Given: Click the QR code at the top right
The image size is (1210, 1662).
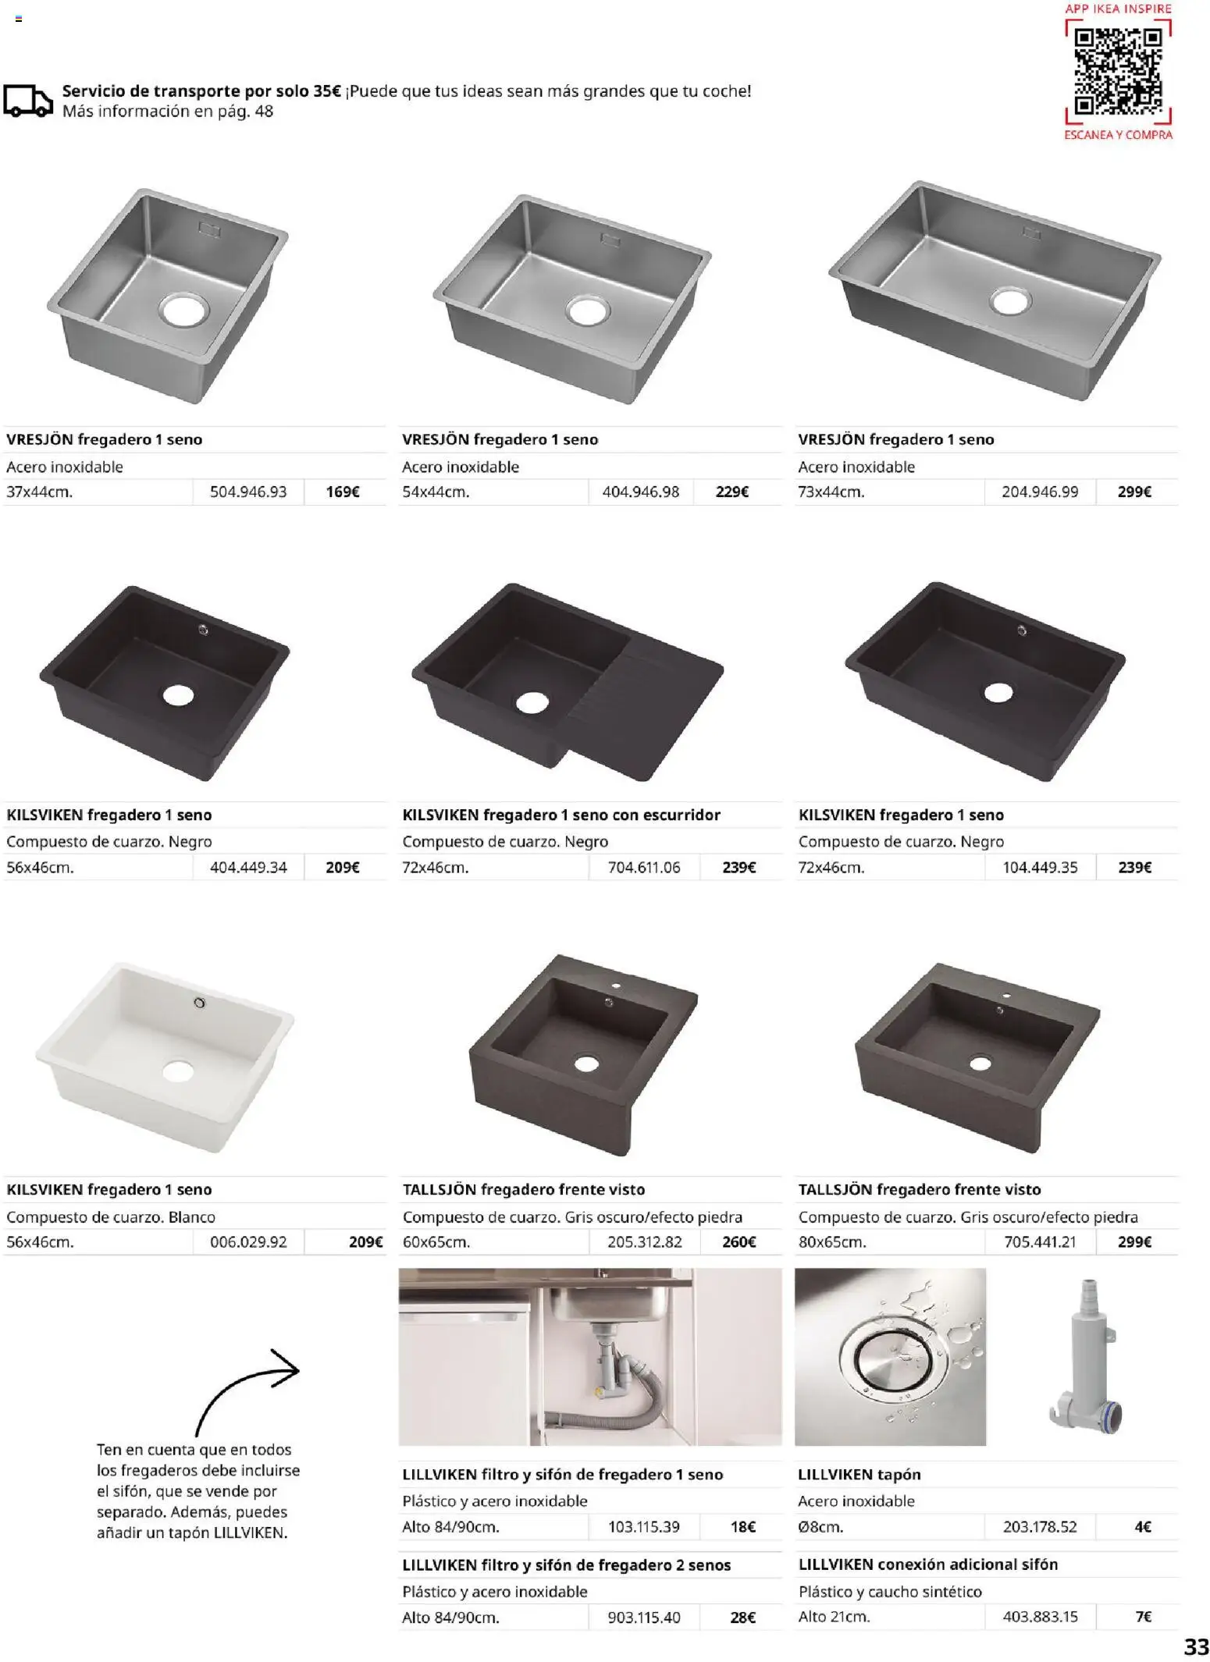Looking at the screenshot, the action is click(1118, 71).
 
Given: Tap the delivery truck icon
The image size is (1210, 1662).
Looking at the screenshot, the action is click(28, 101).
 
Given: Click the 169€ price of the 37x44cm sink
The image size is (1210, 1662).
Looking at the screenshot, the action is click(343, 492).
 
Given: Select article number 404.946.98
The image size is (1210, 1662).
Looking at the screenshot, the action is click(640, 492).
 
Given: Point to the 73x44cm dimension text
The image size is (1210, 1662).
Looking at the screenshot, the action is click(831, 492).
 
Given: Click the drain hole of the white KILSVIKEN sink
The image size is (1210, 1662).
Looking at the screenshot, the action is click(178, 1071).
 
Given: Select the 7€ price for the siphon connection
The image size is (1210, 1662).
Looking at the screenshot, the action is click(1143, 1617).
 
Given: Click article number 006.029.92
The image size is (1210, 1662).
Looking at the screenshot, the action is click(248, 1241).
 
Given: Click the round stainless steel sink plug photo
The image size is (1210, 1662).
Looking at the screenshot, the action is click(890, 1357).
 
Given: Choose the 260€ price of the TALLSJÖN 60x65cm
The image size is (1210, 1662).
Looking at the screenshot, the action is click(738, 1241).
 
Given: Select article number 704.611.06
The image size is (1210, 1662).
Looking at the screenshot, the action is click(644, 867).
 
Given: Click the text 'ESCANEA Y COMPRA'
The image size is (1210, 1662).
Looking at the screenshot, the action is click(1118, 135).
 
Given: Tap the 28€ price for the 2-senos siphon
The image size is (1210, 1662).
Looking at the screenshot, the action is click(742, 1618).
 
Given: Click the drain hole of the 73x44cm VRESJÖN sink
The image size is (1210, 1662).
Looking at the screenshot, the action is click(1010, 300).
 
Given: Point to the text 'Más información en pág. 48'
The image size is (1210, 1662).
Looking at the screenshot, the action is click(168, 111).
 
